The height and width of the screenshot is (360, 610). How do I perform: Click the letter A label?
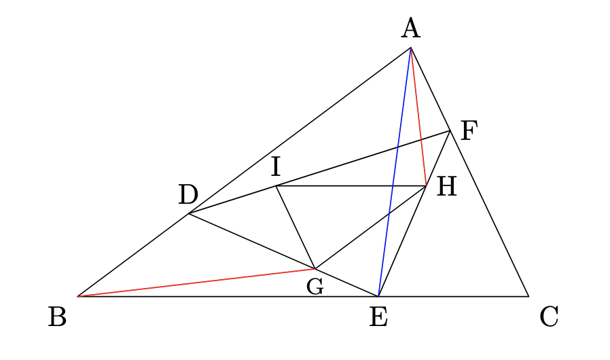pyautogui.click(x=411, y=29)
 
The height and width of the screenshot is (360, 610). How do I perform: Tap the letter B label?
pyautogui.click(x=58, y=317)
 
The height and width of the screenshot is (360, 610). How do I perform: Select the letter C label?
pyautogui.click(x=549, y=317)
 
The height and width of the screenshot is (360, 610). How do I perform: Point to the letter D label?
pyautogui.click(x=188, y=194)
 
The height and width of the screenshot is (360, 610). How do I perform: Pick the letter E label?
pyautogui.click(x=378, y=317)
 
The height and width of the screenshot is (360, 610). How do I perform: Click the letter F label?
pyautogui.click(x=469, y=131)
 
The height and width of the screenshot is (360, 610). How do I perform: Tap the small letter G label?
pyautogui.click(x=315, y=287)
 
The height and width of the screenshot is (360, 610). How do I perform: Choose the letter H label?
pyautogui.click(x=446, y=186)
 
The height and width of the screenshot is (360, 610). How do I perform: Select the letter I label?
pyautogui.click(x=275, y=166)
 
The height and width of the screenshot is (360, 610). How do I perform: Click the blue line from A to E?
pyautogui.click(x=395, y=172)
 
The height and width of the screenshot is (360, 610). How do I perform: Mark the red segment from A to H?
pyautogui.click(x=418, y=117)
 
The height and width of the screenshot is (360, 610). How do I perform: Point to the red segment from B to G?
pyautogui.click(x=196, y=283)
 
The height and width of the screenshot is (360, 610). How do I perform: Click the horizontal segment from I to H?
pyautogui.click(x=351, y=186)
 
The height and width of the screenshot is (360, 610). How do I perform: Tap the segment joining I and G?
pyautogui.click(x=295, y=228)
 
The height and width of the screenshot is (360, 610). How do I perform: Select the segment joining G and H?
pyautogui.click(x=371, y=228)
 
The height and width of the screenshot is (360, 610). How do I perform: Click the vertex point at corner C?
pyautogui.click(x=528, y=296)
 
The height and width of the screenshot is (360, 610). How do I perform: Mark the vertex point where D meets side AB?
pyautogui.click(x=189, y=213)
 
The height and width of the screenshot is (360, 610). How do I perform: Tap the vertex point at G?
pyautogui.click(x=315, y=268)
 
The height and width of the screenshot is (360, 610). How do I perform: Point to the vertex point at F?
pyautogui.click(x=450, y=131)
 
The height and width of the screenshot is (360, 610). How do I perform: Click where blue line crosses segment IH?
pyautogui.click(x=393, y=186)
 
